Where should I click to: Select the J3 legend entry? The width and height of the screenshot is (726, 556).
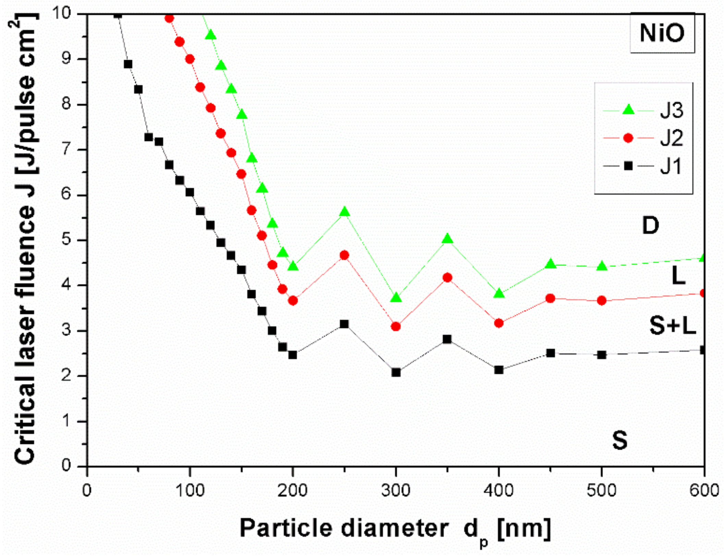(643, 110)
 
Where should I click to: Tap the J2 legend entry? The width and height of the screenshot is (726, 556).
(643, 138)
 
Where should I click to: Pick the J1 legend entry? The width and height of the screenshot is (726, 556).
(643, 166)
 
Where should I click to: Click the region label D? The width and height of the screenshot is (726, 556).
(650, 226)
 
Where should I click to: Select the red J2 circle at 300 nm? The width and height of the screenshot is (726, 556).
(396, 326)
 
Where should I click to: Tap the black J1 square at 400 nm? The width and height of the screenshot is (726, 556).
(499, 370)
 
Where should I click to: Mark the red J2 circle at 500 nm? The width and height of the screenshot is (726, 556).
(602, 300)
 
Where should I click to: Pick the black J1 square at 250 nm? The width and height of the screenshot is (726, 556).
(344, 324)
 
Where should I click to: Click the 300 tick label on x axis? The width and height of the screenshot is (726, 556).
(396, 491)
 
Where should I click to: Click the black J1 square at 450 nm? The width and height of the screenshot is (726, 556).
(550, 353)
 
